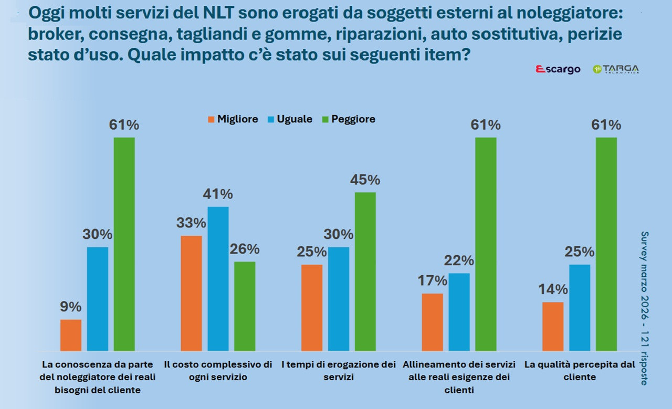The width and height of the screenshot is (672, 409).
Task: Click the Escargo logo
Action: pyautogui.click(x=558, y=69)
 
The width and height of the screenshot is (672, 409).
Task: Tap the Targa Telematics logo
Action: pyautogui.click(x=616, y=69)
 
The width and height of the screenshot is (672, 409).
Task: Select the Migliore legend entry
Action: pyautogui.click(x=233, y=119)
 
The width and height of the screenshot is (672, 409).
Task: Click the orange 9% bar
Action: pyautogui.click(x=71, y=335)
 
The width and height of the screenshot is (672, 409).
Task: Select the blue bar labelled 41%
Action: pyautogui.click(x=218, y=278)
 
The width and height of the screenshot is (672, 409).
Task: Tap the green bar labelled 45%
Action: pyautogui.click(x=365, y=271)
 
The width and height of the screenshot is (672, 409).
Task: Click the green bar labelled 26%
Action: pyautogui.click(x=245, y=306)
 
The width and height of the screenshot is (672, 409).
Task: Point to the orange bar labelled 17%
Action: pyautogui.click(x=433, y=322)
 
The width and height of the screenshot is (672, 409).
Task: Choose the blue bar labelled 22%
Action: pyautogui.click(x=459, y=312)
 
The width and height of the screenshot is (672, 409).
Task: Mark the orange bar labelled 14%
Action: pyautogui.click(x=553, y=326)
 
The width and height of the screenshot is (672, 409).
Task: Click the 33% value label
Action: pyautogui.click(x=191, y=223)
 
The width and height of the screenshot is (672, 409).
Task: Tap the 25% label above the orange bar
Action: pyautogui.click(x=312, y=252)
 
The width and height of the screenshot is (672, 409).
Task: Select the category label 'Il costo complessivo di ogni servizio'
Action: pyautogui.click(x=218, y=370)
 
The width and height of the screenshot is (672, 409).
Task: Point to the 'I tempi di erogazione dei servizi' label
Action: pyautogui.click(x=339, y=370)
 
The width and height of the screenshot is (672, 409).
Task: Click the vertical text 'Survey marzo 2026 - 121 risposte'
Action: pyautogui.click(x=645, y=308)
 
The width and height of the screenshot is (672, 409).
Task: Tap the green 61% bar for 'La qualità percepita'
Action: pyautogui.click(x=606, y=244)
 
